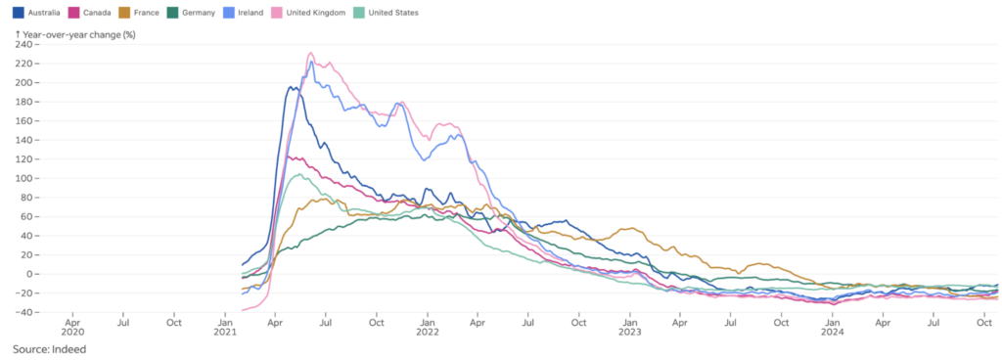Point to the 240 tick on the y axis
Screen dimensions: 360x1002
(22, 44)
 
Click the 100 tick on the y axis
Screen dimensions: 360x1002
(22, 178)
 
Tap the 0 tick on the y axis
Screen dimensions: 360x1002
(28, 274)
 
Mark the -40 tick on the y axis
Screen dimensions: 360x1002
(22, 312)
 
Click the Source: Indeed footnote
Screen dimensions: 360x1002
(47, 348)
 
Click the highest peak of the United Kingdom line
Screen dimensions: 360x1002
(310, 53)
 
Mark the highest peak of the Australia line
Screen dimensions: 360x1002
(291, 87)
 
